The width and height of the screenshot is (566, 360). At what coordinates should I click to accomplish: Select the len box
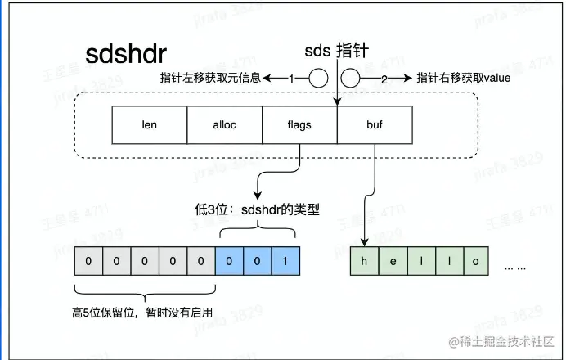(x=150, y=126)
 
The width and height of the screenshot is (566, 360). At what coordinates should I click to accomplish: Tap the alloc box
(x=224, y=126)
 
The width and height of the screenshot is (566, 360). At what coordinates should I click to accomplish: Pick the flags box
(x=299, y=126)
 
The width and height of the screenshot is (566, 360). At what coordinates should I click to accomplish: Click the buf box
(x=374, y=126)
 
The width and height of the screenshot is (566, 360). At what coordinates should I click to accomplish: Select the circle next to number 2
(x=351, y=79)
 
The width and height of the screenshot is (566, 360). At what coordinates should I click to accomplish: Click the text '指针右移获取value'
(x=465, y=79)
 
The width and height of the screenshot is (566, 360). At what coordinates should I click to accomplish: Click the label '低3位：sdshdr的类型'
(x=263, y=210)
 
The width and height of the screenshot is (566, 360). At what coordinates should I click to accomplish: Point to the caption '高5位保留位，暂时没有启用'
(x=142, y=311)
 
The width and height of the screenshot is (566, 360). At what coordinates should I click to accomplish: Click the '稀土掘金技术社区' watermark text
(x=502, y=340)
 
